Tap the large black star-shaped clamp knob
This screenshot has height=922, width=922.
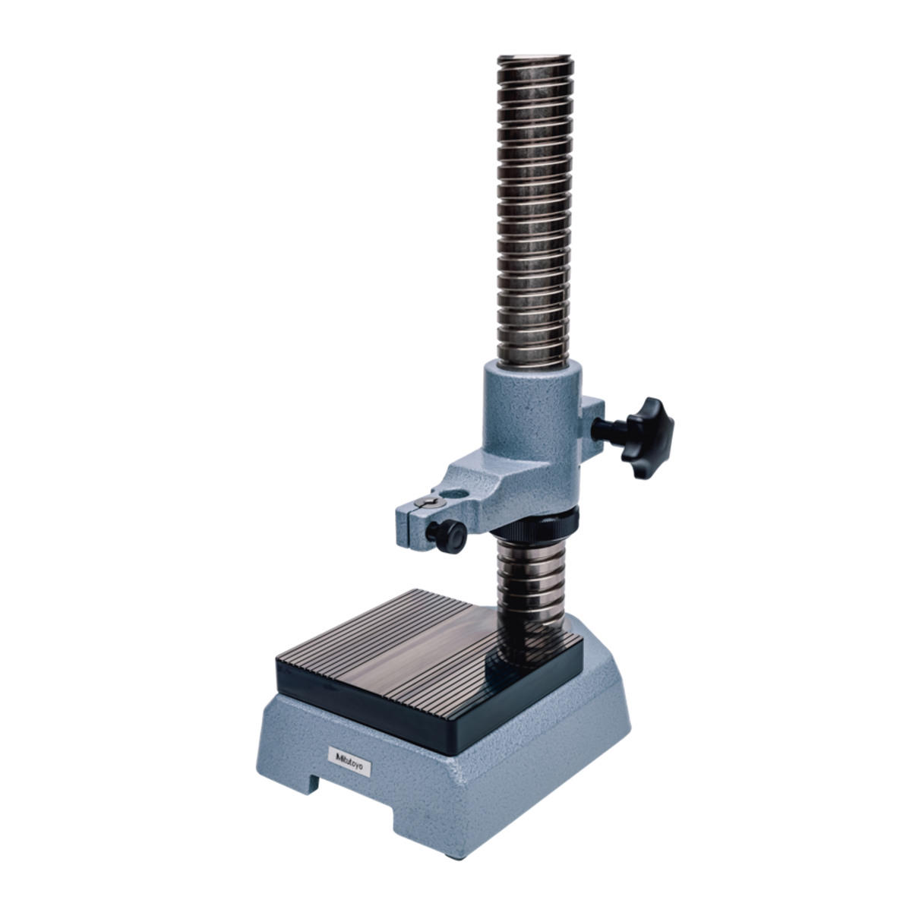[647, 437]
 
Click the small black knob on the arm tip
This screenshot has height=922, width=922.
[447, 537]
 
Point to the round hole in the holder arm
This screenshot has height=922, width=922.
[453, 494]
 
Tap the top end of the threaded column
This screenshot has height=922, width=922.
[535, 59]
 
